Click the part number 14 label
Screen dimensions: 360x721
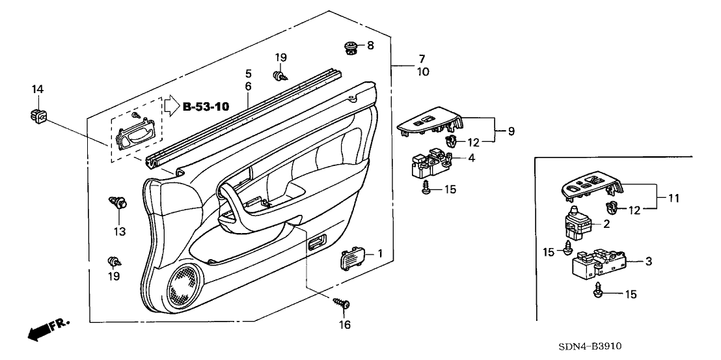37,89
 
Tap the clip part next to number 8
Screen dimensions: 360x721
351,47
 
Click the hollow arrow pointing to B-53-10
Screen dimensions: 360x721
170,105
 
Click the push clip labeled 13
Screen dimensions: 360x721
118,203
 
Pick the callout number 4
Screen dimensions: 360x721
471,158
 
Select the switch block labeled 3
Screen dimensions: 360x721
598,265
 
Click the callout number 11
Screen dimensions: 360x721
674,198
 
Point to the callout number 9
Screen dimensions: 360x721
511,131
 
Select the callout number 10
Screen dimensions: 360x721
423,72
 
